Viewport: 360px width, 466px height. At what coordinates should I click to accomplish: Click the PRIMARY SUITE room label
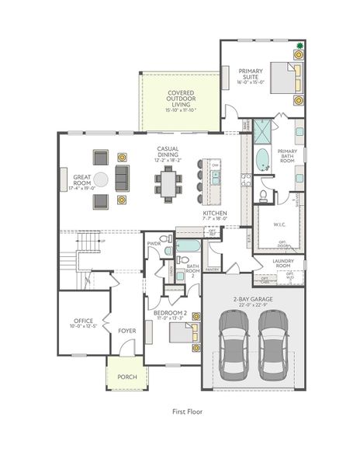coord(251,75)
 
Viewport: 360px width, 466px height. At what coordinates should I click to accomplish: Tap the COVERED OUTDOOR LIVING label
coord(181,101)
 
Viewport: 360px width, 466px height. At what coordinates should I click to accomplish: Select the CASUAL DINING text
coord(168,154)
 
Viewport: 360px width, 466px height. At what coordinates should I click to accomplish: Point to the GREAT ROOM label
coord(83,182)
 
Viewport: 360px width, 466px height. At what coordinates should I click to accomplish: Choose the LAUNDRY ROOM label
coord(282,263)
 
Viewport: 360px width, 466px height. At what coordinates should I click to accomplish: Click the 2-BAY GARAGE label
coord(251,300)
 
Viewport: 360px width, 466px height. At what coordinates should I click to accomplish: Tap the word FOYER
coord(127,331)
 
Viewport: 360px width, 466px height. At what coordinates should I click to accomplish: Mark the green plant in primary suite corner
coord(298,54)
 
